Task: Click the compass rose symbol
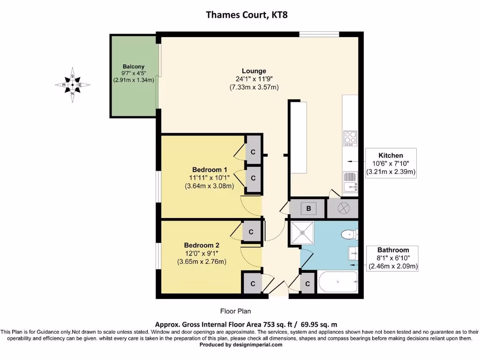(72, 85)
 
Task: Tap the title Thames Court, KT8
(240, 14)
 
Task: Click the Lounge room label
(254, 71)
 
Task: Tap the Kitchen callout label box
(391, 164)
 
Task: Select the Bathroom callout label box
(393, 258)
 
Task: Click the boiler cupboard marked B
(308, 208)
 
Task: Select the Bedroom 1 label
(210, 170)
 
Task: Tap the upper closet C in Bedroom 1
(253, 152)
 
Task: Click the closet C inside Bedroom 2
(251, 232)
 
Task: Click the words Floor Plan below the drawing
(238, 311)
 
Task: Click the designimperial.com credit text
(241, 345)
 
